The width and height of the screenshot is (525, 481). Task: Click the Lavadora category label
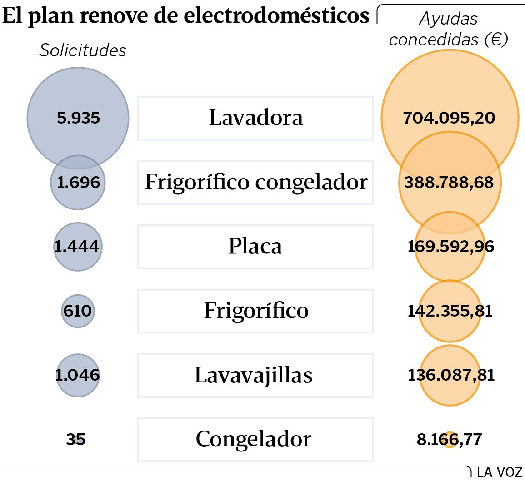255,118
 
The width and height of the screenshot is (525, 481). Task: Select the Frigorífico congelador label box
255,182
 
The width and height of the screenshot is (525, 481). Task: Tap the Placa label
255,247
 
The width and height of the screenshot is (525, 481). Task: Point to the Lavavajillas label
254,375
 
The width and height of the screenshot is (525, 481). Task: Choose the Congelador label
254,439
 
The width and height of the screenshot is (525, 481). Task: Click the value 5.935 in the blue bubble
78,118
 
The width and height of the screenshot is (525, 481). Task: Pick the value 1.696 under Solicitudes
78,183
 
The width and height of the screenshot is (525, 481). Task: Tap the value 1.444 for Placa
77,247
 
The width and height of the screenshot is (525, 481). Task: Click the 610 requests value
78,311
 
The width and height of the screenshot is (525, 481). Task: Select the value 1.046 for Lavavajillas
77,375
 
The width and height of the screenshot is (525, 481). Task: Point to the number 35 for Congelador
76,439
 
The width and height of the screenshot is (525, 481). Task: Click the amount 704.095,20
449,118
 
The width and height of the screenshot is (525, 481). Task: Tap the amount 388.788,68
449,183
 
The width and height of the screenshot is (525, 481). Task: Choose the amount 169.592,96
450,247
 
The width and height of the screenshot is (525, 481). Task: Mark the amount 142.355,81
450,311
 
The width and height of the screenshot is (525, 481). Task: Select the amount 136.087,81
451,375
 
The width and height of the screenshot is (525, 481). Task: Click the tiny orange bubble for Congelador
450,440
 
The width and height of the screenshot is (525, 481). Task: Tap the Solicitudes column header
83,50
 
